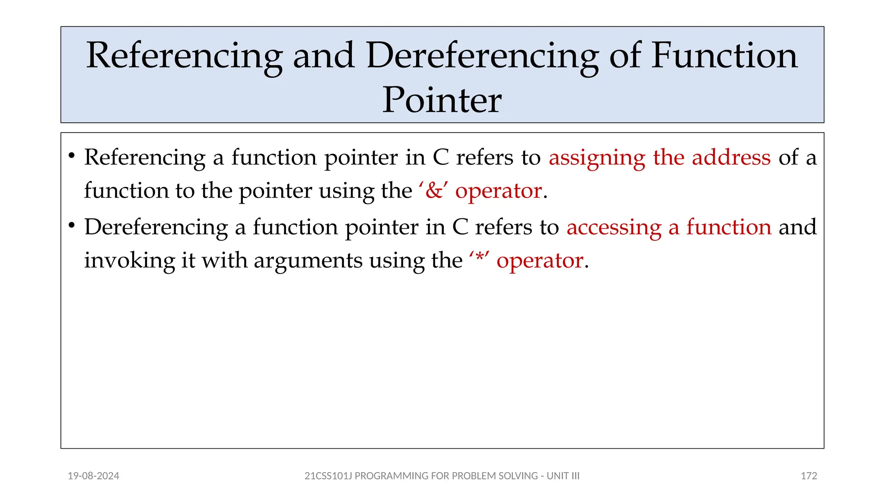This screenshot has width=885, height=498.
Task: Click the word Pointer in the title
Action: point(442,100)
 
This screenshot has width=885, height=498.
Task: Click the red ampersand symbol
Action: point(434,191)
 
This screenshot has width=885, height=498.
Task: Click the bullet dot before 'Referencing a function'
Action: point(72,155)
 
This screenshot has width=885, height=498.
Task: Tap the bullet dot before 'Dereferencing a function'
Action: point(72,225)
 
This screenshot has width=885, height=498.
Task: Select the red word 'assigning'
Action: point(597,158)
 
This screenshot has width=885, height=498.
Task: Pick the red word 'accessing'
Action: point(614,227)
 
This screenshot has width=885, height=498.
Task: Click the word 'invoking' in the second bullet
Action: point(129,261)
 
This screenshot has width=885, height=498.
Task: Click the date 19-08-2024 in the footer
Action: point(93,476)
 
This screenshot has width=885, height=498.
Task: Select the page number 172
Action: point(809,476)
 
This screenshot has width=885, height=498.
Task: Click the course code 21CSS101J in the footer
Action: point(328,476)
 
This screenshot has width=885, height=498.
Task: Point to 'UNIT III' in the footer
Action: point(563,476)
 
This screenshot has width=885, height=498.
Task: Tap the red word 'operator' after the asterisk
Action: point(540,261)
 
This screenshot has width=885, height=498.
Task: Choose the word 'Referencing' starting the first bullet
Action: point(145,158)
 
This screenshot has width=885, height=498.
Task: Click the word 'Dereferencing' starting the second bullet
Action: point(156,227)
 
